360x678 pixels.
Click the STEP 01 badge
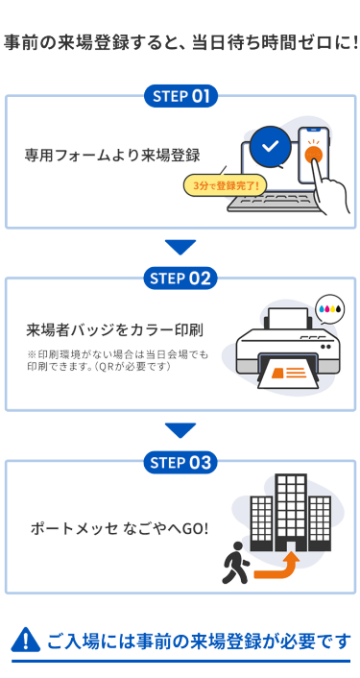(180, 96)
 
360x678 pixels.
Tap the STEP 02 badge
(180, 278)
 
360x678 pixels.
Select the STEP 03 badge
(180, 463)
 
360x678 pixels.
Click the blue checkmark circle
(271, 147)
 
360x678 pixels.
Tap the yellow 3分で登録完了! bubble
(226, 186)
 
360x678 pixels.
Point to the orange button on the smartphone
(313, 154)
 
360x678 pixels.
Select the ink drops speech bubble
(329, 308)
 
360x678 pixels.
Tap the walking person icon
(235, 562)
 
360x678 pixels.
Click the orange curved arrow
(278, 568)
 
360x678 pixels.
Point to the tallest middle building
(291, 513)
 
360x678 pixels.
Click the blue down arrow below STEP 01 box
(180, 248)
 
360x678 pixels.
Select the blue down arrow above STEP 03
(180, 430)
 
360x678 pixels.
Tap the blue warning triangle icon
(26, 640)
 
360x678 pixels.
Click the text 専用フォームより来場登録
(112, 156)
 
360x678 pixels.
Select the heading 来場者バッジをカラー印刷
(115, 331)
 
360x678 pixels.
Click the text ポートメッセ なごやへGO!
(119, 528)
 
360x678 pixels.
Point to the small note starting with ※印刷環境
(117, 361)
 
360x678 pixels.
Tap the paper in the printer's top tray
(288, 318)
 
